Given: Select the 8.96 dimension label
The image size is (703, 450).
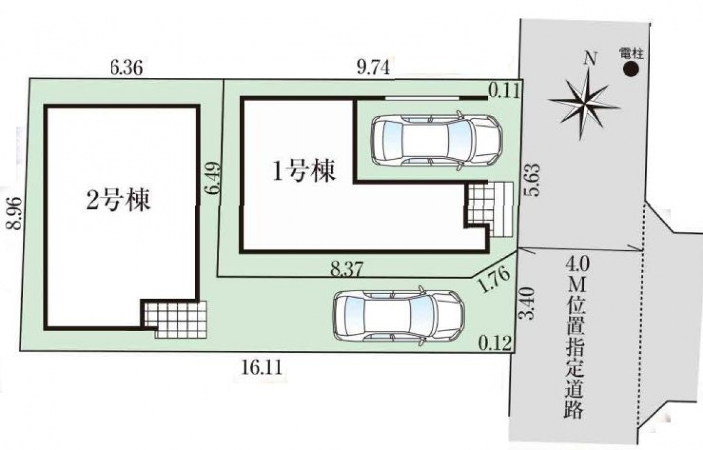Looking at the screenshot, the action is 14,213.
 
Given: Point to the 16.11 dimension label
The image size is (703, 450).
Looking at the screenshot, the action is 262,367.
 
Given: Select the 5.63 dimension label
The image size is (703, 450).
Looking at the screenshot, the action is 533,180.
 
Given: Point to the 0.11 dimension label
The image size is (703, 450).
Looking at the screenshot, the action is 504,93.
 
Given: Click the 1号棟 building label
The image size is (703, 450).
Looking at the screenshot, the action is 304,171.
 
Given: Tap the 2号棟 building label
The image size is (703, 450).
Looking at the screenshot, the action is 118,200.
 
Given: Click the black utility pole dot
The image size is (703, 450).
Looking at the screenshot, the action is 631,69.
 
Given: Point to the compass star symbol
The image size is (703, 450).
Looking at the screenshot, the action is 585,104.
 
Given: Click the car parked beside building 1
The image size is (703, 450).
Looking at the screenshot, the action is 437,141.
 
